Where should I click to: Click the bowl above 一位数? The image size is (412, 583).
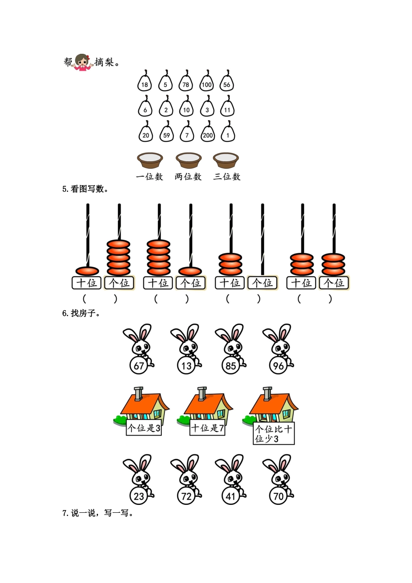pyautogui.click(x=150, y=160)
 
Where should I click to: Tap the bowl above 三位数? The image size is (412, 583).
pyautogui.click(x=226, y=160)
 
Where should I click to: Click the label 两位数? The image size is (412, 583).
pyautogui.click(x=188, y=177)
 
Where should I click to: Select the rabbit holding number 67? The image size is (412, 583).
pyautogui.click(x=138, y=349)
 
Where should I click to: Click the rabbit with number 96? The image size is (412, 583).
pyautogui.click(x=278, y=349)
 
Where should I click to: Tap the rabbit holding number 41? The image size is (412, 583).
pyautogui.click(x=231, y=479)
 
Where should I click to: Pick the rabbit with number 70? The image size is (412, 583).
pyautogui.click(x=278, y=479)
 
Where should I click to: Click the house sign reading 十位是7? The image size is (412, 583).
pyautogui.click(x=207, y=428)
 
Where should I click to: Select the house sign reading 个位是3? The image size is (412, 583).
pyautogui.click(x=144, y=428)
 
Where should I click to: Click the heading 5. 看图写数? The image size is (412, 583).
pyautogui.click(x=85, y=189)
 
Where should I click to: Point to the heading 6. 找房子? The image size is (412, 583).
pyautogui.click(x=81, y=313)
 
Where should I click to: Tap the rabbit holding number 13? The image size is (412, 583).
pyautogui.click(x=186, y=349)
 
